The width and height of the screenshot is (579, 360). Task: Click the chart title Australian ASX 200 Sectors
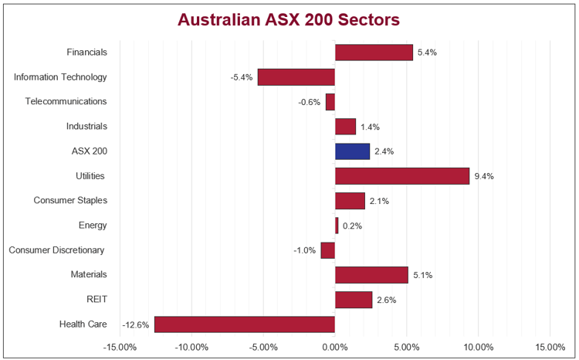[289, 19]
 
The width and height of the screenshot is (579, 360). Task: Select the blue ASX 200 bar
[352, 151]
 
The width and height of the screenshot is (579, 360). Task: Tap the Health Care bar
[245, 324]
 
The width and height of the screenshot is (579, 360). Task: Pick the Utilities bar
[402, 176]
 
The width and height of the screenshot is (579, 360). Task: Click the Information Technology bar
[296, 77]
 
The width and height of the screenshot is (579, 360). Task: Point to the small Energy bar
[337, 226]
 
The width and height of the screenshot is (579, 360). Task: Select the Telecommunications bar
[330, 102]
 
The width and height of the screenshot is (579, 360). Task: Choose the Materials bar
[371, 275]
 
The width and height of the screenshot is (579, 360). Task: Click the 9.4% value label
[483, 176]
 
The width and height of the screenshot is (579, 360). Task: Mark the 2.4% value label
[384, 151]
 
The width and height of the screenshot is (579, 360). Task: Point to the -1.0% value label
[304, 250]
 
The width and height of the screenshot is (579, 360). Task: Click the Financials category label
[86, 53]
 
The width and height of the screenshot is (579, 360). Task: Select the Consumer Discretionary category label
[56, 250]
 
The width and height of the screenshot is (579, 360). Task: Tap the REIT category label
[96, 300]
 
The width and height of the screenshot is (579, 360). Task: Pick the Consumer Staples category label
[70, 201]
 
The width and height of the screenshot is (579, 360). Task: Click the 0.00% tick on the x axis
[335, 347]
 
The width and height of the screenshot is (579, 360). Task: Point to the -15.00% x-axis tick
[120, 347]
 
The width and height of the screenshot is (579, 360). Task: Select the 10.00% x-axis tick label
[478, 347]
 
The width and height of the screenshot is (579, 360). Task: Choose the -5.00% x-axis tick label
[263, 347]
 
